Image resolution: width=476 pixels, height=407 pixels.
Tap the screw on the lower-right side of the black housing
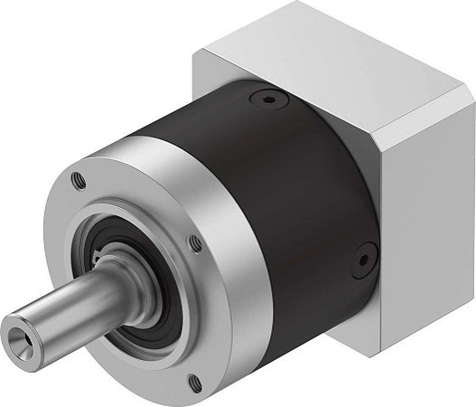364,260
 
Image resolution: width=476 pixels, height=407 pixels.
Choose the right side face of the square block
425,199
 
